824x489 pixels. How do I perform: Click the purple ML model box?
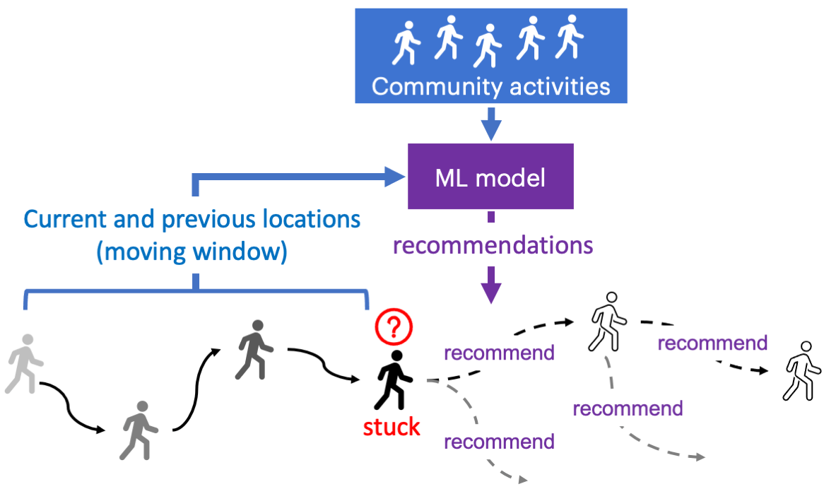tap(490, 177)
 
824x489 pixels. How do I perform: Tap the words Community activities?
tap(490, 86)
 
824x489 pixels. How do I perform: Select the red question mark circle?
tap(394, 327)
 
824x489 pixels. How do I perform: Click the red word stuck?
tap(392, 427)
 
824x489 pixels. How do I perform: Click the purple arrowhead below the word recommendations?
tap(490, 290)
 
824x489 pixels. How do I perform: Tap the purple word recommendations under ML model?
tap(493, 245)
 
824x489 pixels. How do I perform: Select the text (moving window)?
tap(192, 252)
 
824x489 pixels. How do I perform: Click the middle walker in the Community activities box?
tap(488, 45)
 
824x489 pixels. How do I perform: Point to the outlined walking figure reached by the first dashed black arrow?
tap(608, 322)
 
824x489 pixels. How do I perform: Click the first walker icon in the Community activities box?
tap(406, 42)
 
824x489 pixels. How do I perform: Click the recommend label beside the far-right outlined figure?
tap(712, 343)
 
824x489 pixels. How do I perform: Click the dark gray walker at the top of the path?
tap(252, 349)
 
